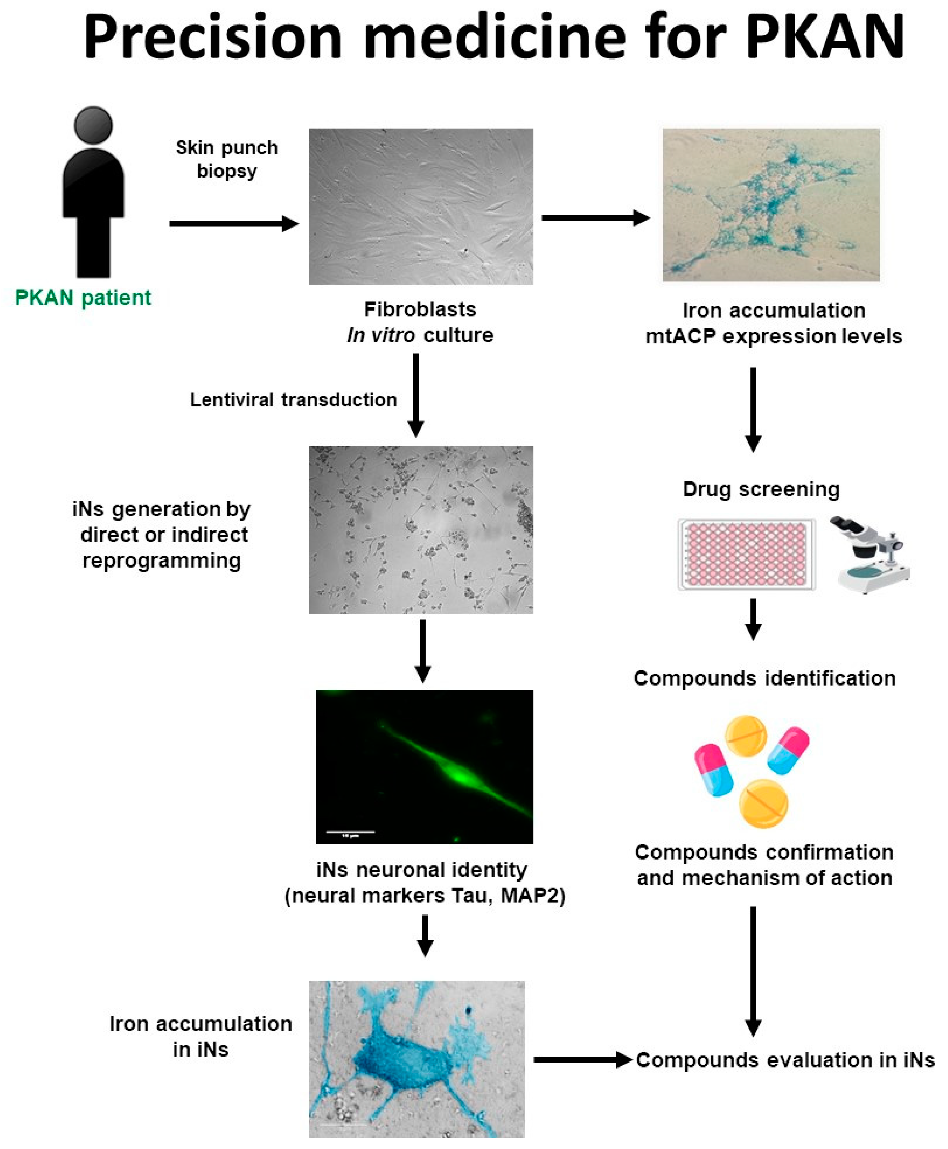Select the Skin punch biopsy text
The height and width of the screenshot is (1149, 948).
(x=227, y=159)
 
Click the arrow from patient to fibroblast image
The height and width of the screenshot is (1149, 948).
(x=234, y=223)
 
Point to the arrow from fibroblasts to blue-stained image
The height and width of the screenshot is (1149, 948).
(x=595, y=218)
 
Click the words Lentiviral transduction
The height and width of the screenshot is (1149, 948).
(x=293, y=400)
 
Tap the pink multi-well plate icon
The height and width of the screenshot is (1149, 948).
(x=746, y=554)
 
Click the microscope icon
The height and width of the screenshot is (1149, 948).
(x=868, y=554)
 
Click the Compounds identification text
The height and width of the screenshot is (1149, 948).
(x=764, y=678)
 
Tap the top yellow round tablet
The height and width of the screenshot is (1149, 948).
(x=746, y=736)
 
